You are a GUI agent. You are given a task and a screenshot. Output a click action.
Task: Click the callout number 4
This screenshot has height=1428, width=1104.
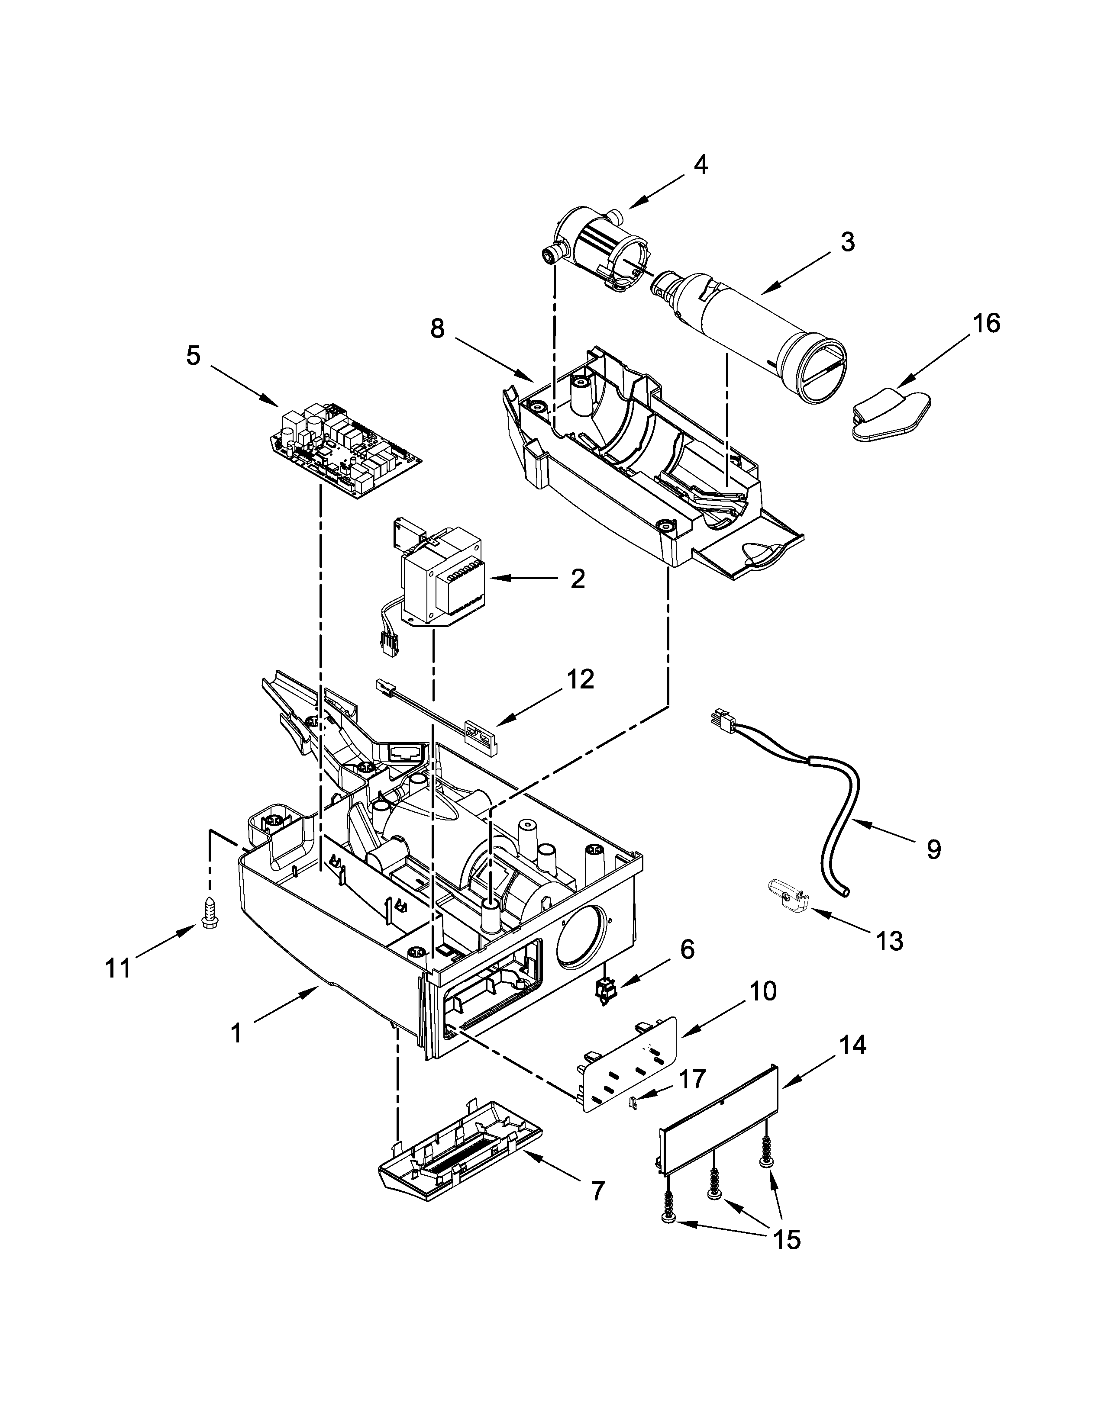click(700, 165)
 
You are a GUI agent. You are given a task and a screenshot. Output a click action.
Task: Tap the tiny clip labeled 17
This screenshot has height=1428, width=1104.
click(633, 1103)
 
